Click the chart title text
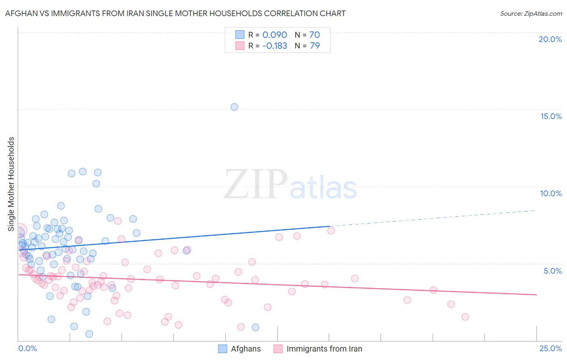tap(175, 13)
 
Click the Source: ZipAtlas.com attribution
tap(531, 13)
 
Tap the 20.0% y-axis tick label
tap(550, 39)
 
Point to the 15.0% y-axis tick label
tap(551, 116)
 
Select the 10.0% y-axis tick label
tap(551, 193)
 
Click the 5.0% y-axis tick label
tap(552, 271)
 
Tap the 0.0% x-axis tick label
tap(27, 348)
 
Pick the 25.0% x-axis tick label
tap(550, 348)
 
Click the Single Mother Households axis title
tap(11, 184)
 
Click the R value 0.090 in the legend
tap(275, 35)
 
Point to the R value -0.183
tap(275, 46)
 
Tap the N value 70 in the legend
tap(315, 35)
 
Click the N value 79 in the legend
tap(315, 46)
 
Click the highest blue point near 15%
tap(234, 107)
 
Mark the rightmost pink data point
tap(465, 317)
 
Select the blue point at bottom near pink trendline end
tap(255, 327)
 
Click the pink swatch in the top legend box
tap(240, 46)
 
